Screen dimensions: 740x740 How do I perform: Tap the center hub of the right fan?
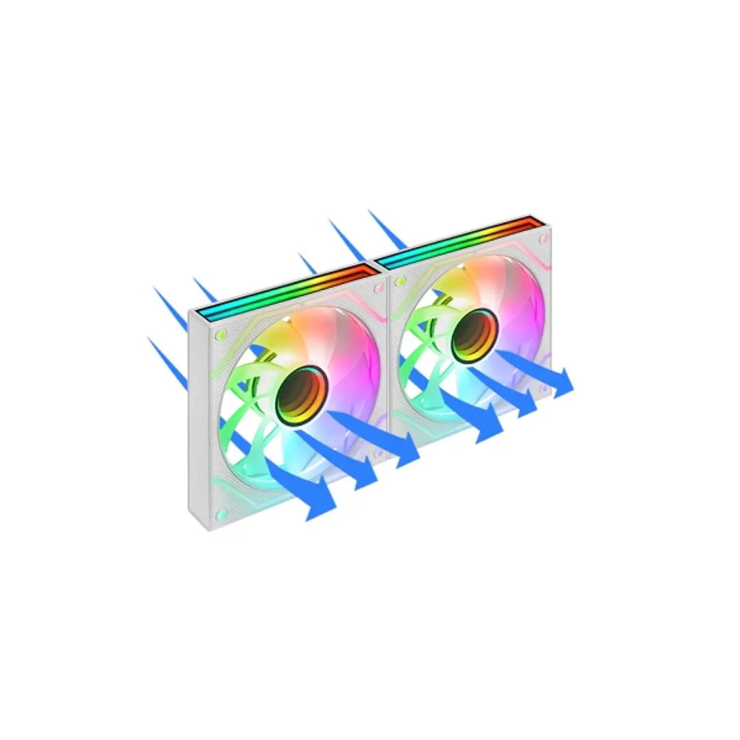473,335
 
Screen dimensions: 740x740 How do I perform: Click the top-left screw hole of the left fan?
221,335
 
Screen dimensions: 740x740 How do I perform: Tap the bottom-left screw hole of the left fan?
221,514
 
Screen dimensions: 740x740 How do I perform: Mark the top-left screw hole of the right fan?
400,281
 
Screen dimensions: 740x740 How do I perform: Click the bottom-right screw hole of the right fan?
543,389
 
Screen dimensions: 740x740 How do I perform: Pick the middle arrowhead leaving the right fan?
527,405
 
